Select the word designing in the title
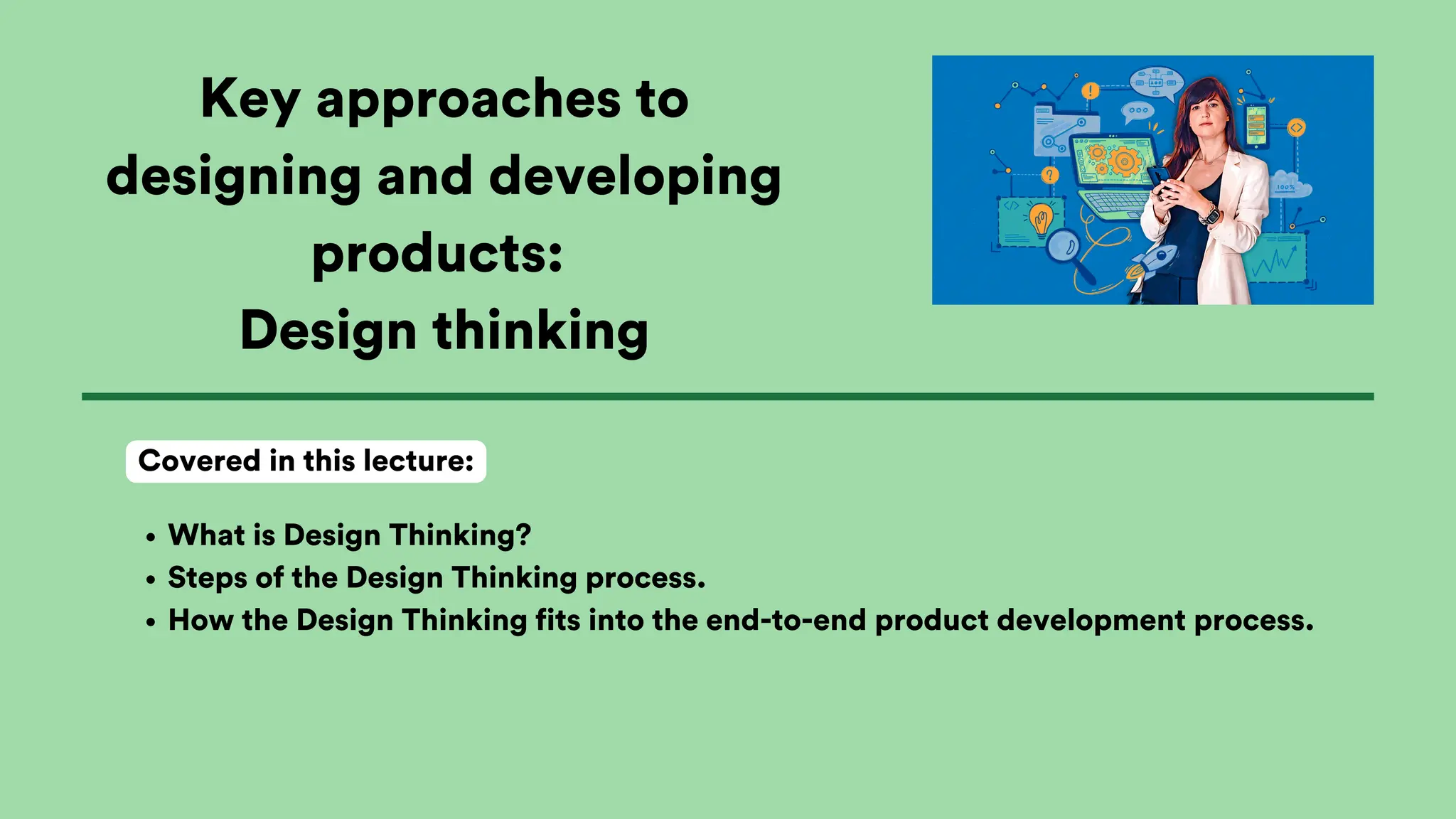(x=233, y=177)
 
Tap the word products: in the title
(x=437, y=254)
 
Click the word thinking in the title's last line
(x=540, y=331)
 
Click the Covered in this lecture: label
(x=306, y=461)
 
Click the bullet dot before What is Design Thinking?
(x=150, y=537)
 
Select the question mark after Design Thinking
(x=524, y=535)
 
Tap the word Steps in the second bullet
(x=207, y=578)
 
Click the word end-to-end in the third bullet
(x=786, y=621)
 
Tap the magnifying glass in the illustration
(x=1064, y=247)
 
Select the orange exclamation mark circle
(x=1090, y=91)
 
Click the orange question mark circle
(x=1049, y=175)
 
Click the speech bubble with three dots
(x=1137, y=111)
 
